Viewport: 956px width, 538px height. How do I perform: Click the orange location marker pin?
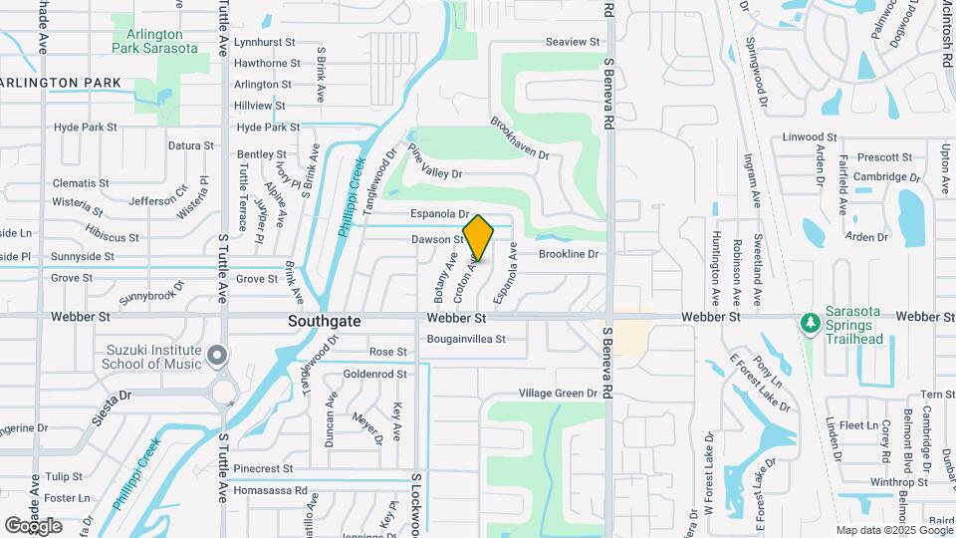pyautogui.click(x=478, y=237)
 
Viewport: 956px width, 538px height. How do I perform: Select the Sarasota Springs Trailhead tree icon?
pyautogui.click(x=811, y=322)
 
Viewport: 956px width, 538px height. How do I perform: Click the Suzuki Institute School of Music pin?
pyautogui.click(x=218, y=353)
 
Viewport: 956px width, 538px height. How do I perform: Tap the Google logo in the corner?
pyautogui.click(x=34, y=525)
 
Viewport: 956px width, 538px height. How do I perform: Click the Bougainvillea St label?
pyautogui.click(x=466, y=339)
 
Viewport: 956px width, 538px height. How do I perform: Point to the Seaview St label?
pyautogui.click(x=574, y=42)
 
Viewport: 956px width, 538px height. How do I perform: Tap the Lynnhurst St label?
pyautogui.click(x=264, y=43)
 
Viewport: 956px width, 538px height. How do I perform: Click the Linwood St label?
pyautogui.click(x=810, y=136)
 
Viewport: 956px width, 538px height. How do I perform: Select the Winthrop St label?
pyautogui.click(x=870, y=482)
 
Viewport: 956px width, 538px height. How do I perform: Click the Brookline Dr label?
pyautogui.click(x=568, y=254)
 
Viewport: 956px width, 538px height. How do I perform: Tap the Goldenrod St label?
pyautogui.click(x=375, y=374)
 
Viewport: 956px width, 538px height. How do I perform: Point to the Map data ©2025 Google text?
pyautogui.click(x=893, y=530)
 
